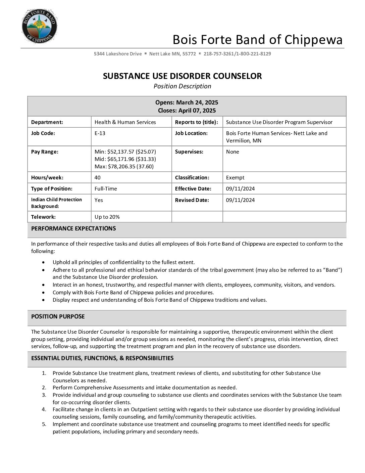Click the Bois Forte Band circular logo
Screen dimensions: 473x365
(x=39, y=26)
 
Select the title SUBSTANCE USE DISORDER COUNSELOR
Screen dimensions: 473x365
(x=182, y=76)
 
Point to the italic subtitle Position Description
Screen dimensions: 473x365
(x=182, y=86)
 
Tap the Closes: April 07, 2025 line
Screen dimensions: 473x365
(x=187, y=111)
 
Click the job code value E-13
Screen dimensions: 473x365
(x=100, y=133)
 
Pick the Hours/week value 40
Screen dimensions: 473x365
(x=98, y=178)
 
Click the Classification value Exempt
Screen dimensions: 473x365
(x=235, y=178)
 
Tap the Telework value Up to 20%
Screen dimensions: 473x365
(x=107, y=217)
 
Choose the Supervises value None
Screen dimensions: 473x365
(x=232, y=152)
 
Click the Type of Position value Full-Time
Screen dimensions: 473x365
(x=106, y=189)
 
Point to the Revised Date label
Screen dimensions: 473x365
(x=192, y=200)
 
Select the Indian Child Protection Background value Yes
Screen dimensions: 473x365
(x=99, y=200)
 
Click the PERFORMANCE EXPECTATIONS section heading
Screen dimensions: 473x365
(x=73, y=228)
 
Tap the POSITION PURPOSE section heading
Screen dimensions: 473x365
(x=58, y=316)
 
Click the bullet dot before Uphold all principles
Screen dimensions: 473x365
(x=44, y=262)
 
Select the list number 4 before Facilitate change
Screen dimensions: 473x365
(x=44, y=410)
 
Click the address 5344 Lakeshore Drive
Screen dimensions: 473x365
(x=118, y=54)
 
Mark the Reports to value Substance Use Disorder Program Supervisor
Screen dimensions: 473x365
(x=279, y=122)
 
